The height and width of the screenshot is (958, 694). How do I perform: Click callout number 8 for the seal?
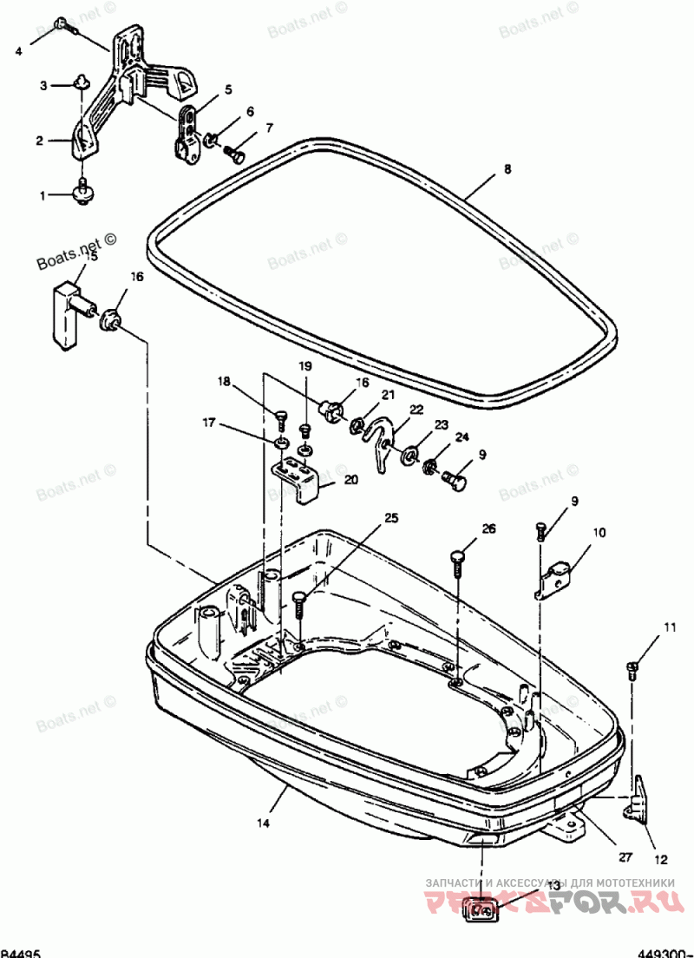[x=508, y=170]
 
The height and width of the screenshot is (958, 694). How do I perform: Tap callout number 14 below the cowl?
[x=262, y=822]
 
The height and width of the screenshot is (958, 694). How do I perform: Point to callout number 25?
[x=392, y=518]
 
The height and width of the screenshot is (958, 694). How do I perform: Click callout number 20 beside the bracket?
[x=350, y=480]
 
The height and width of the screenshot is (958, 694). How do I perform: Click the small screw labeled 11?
[x=632, y=668]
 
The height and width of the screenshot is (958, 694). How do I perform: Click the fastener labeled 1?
[x=83, y=191]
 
